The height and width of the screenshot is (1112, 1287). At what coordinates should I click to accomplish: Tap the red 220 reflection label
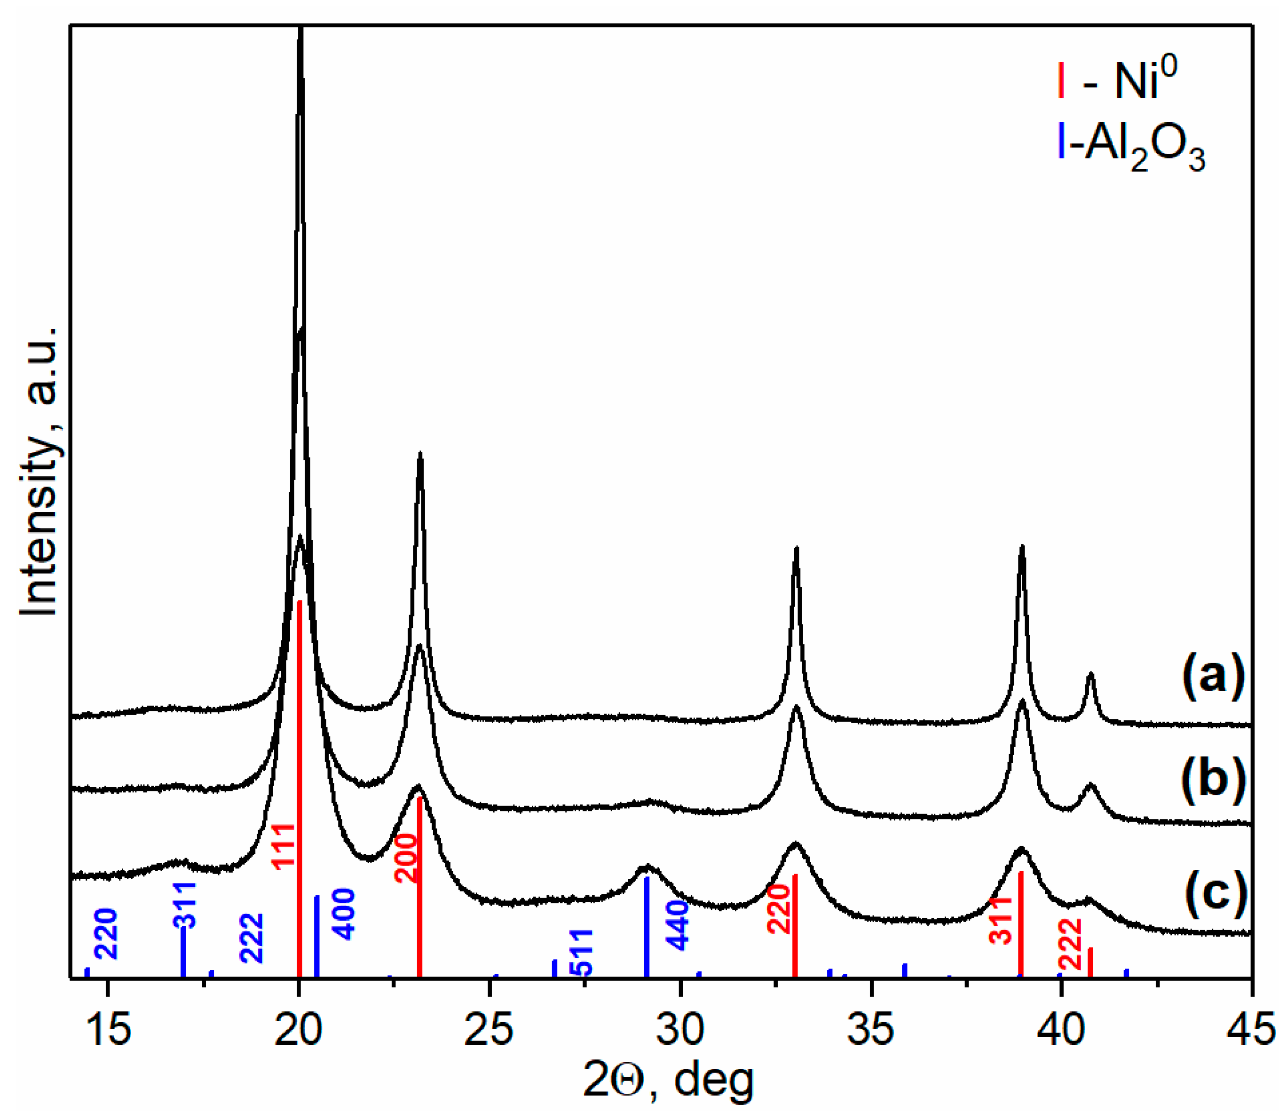778,909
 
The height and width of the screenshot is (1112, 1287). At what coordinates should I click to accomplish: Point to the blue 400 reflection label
343,915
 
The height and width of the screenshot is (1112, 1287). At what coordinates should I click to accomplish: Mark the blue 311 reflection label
184,906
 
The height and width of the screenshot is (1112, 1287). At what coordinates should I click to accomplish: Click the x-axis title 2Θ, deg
668,1081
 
